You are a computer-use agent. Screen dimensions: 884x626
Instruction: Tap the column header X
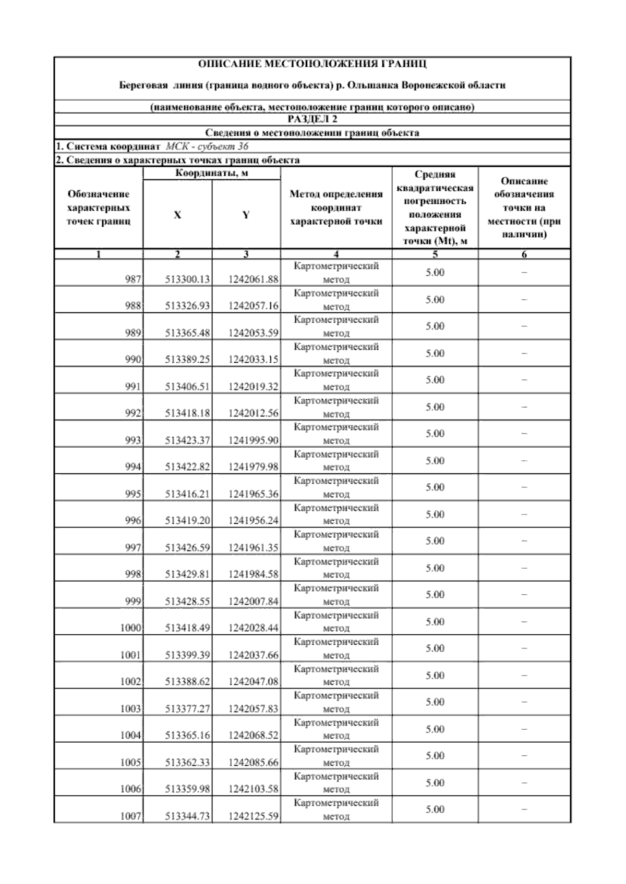pos(177,215)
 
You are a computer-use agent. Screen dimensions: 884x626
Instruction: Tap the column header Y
pos(246,215)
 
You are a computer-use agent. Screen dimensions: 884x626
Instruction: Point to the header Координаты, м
pos(211,173)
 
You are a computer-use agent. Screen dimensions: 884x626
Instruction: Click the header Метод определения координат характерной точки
pos(336,207)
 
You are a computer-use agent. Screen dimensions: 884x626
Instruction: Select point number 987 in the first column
pos(133,279)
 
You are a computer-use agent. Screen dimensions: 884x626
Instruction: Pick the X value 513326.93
pos(187,306)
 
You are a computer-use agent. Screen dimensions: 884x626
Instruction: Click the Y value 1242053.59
pos(254,333)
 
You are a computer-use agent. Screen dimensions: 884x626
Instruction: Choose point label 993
pos(133,440)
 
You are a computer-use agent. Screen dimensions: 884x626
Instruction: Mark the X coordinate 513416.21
pos(187,494)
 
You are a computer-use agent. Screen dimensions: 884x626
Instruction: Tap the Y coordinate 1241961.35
pos(254,547)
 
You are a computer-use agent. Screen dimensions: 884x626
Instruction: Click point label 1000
pos(131,628)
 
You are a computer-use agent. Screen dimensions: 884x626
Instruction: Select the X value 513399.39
pos(187,655)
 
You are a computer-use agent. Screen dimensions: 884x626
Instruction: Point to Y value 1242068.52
pos(254,735)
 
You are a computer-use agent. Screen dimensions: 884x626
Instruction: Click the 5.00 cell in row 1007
pos(435,809)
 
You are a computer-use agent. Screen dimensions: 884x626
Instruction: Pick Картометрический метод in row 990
pos(336,353)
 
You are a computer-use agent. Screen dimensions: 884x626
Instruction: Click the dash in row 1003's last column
pos(524,702)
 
